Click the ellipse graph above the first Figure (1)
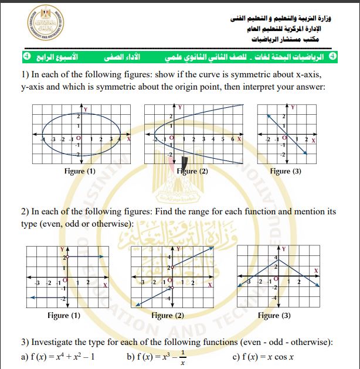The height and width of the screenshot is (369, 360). click(80, 136)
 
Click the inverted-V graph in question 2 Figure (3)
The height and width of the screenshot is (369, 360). click(279, 274)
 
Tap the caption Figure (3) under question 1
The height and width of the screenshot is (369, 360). click(285, 171)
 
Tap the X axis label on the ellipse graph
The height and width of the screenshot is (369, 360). click(128, 139)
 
